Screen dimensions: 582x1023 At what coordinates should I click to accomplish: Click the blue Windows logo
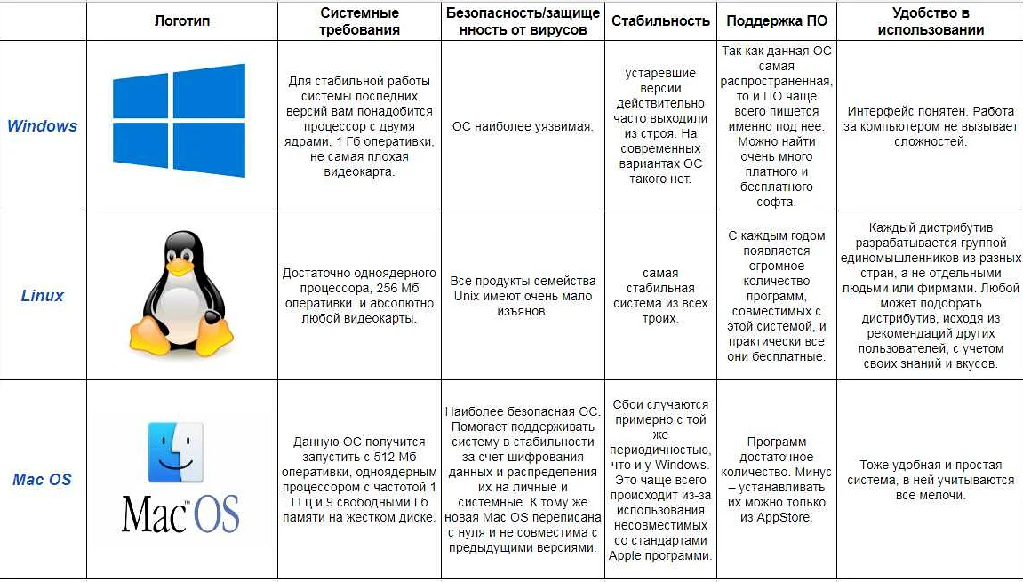click(x=179, y=120)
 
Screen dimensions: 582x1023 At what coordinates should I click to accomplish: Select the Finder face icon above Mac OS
click(x=175, y=452)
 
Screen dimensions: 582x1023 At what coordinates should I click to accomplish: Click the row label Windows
click(x=42, y=126)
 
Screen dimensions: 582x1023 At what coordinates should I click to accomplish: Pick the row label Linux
click(x=43, y=296)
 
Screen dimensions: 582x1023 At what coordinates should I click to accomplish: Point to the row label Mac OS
click(x=42, y=480)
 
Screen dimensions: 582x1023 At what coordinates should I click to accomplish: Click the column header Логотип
click(x=182, y=20)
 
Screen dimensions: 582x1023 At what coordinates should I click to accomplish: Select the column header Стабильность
click(x=660, y=20)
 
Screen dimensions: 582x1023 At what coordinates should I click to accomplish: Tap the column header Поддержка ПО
click(x=777, y=20)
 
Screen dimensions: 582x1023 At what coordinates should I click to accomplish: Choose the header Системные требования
click(x=359, y=21)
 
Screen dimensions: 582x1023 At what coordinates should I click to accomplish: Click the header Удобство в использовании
click(x=930, y=21)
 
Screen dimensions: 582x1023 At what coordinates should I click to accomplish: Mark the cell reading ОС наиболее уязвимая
click(x=523, y=126)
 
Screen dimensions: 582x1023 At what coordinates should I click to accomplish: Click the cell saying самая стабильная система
click(x=660, y=296)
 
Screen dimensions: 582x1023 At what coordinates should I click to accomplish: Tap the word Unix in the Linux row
click(x=468, y=296)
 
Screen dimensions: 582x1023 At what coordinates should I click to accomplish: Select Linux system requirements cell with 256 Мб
click(x=359, y=295)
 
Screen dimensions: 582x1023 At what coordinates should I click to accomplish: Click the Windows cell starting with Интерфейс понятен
click(x=930, y=126)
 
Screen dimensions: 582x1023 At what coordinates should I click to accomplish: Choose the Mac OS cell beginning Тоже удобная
click(x=930, y=480)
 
